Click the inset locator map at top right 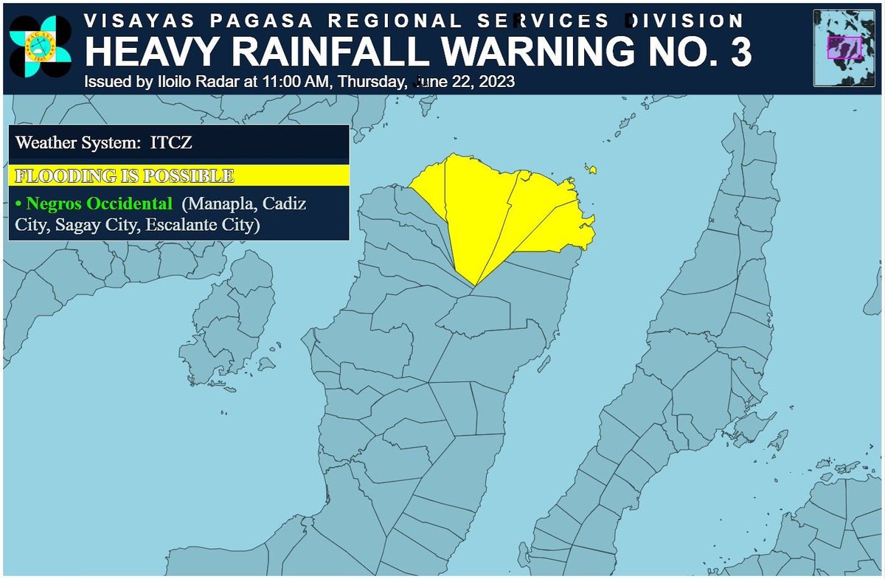tap(844, 46)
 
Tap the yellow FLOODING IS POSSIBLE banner tap(177, 176)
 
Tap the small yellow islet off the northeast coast tap(591, 170)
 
